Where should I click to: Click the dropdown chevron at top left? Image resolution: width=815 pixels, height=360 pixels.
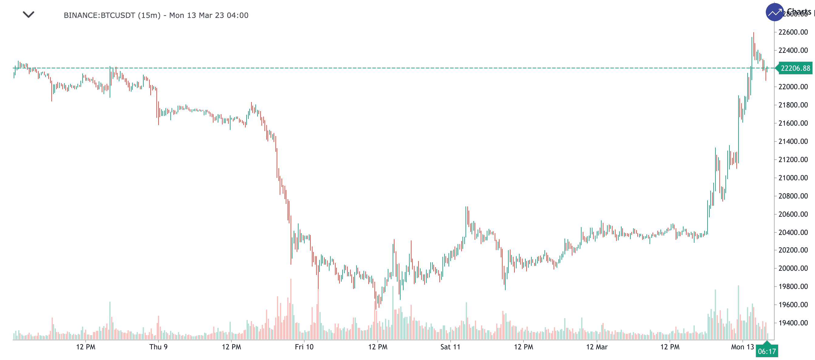29,15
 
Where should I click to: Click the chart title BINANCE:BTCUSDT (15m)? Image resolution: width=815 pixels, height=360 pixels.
112,15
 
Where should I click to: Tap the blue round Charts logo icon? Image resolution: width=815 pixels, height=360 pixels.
774,12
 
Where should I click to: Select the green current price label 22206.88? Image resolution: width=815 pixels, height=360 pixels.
795,68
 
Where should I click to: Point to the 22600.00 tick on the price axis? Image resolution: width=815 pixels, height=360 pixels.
793,32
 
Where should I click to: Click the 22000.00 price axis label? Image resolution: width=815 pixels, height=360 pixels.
793,87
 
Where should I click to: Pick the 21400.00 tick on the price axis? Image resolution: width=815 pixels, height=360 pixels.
793,141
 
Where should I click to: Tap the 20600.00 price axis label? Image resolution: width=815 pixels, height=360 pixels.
793,214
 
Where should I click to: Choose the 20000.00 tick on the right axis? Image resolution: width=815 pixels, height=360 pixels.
793,268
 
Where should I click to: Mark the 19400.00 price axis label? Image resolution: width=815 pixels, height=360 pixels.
793,323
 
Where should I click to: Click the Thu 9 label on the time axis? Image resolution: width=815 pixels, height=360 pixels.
159,347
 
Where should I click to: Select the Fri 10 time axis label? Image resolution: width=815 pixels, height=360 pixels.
304,347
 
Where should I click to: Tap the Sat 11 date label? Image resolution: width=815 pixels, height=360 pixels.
450,347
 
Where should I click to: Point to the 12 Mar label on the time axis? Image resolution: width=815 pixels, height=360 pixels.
597,347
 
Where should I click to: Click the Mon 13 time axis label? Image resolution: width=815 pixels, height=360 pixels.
742,347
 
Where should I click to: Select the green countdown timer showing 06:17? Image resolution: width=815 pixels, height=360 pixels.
767,352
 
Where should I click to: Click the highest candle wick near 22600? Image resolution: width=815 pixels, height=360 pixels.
753,33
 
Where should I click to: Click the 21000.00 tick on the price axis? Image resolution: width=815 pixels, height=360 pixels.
793,178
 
